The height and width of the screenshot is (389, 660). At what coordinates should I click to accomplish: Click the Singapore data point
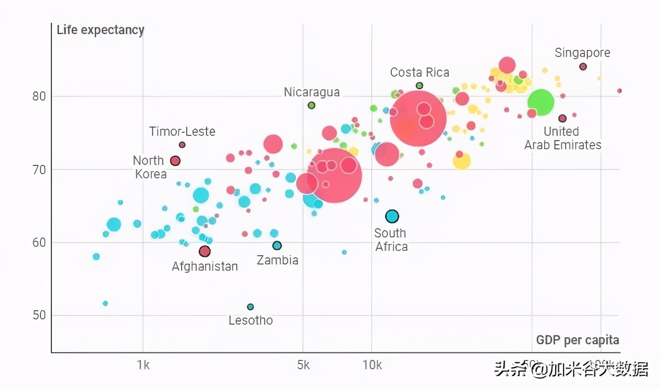(583, 66)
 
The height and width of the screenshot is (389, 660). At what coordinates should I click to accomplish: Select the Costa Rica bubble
(419, 86)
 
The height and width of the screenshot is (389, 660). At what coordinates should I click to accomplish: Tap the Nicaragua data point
(311, 105)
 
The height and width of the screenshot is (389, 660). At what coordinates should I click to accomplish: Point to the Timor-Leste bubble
(182, 145)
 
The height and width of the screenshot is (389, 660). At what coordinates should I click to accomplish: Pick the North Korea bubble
(175, 161)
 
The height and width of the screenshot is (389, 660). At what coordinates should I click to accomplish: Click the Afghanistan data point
(204, 252)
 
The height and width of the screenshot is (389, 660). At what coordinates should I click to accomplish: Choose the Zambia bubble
(277, 245)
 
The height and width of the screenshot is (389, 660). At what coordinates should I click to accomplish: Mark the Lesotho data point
(251, 307)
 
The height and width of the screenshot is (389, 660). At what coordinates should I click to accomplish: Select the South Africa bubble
(392, 216)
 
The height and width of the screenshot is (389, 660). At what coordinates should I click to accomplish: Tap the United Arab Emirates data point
(562, 118)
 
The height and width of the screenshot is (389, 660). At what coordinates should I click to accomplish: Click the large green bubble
(541, 102)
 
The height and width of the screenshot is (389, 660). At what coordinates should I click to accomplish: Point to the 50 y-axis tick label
(40, 315)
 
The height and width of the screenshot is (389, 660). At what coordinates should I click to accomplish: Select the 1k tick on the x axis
(143, 365)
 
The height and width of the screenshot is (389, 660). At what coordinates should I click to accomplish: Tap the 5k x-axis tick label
(304, 365)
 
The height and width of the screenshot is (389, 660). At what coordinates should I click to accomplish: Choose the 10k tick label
(372, 365)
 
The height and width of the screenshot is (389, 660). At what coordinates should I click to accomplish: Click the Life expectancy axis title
(100, 30)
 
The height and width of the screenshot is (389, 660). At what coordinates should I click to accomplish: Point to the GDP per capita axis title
(577, 340)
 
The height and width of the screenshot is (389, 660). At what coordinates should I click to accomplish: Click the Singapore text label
(582, 53)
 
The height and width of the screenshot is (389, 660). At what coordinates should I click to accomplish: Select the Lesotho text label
(251, 321)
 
